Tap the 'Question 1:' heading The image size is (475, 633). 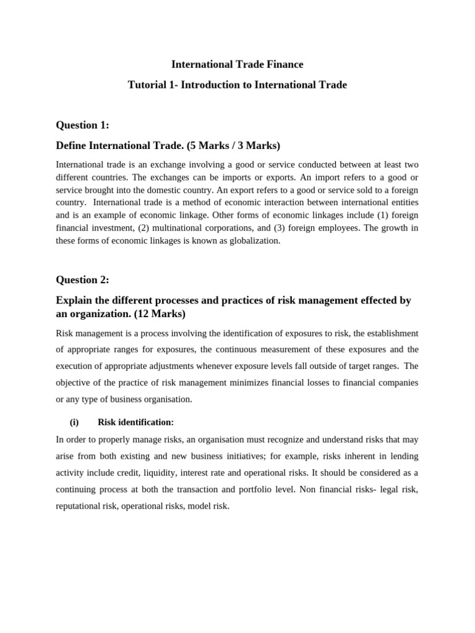[x=82, y=125]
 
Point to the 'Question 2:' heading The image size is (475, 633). [x=82, y=279]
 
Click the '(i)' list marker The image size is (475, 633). [x=75, y=422]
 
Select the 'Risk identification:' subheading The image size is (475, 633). [x=136, y=422]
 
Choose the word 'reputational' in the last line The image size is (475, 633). [x=79, y=506]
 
